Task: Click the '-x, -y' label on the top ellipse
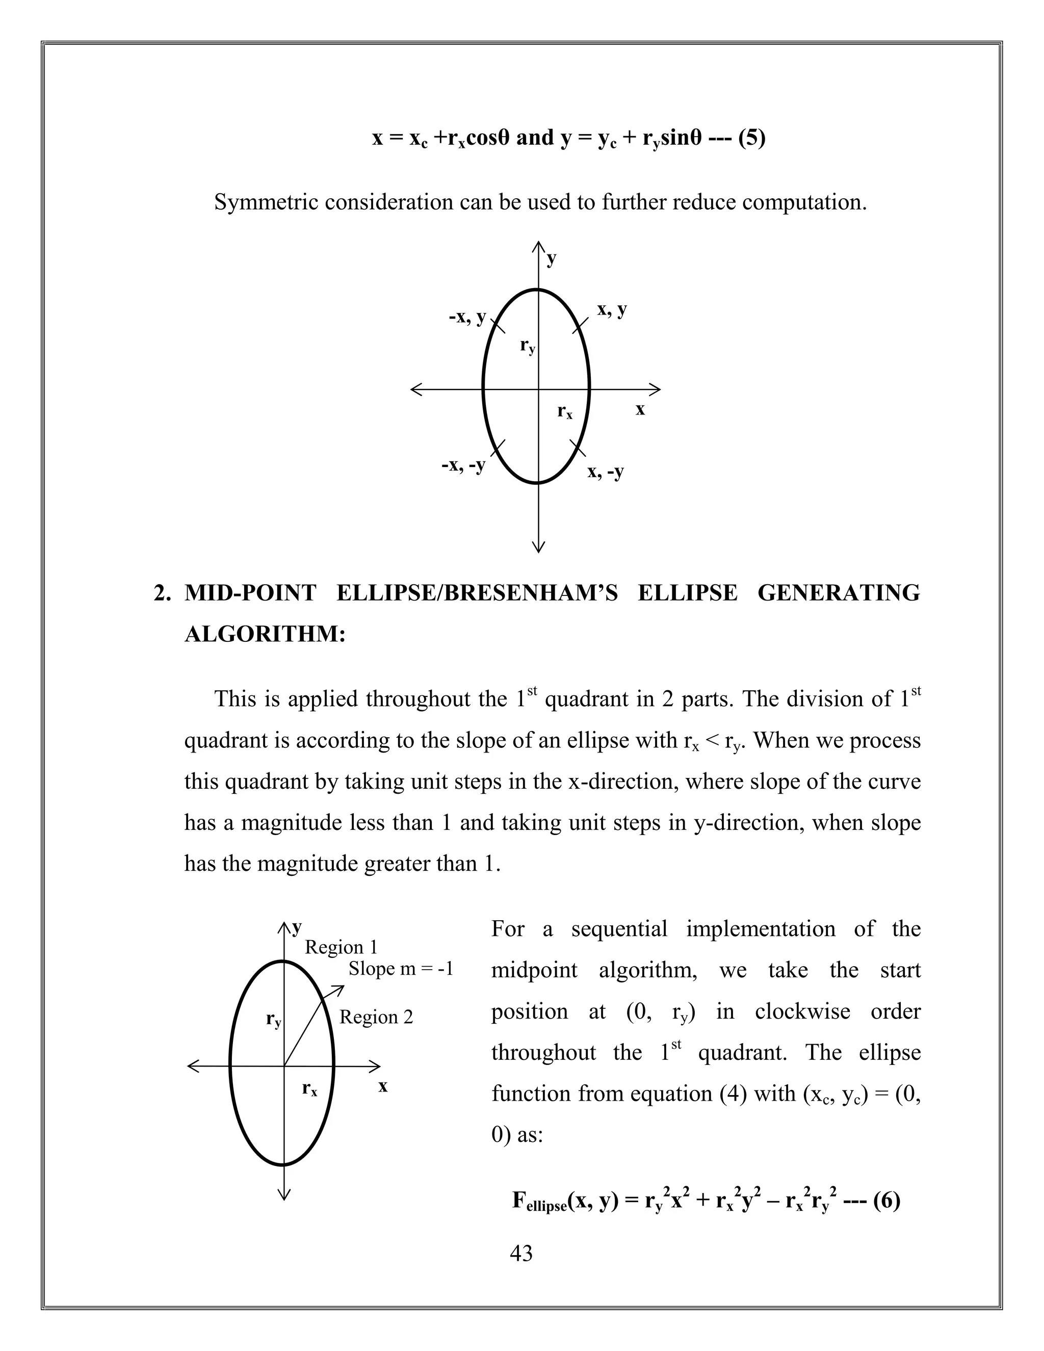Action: click(x=463, y=464)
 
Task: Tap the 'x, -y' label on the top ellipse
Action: click(x=606, y=472)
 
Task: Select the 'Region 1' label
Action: click(x=341, y=947)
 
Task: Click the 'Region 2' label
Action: click(x=376, y=1017)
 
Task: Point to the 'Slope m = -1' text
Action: click(x=401, y=969)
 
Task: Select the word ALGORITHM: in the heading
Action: click(x=265, y=634)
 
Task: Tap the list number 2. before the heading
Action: click(x=162, y=593)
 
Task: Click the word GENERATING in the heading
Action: click(x=838, y=593)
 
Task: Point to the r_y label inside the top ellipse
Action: click(x=528, y=346)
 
